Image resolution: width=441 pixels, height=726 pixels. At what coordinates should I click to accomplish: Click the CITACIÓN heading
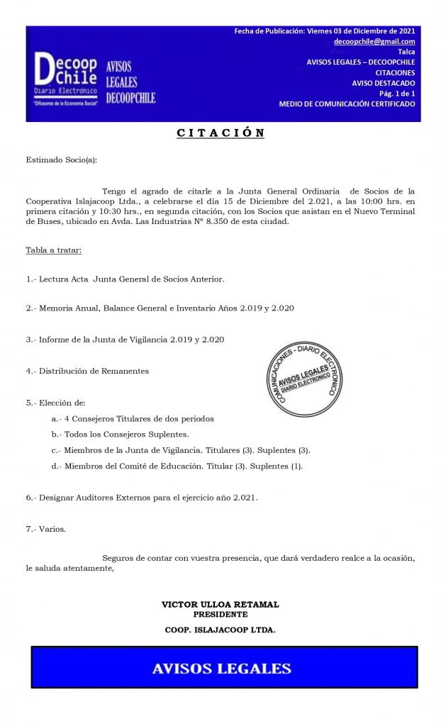coord(220,133)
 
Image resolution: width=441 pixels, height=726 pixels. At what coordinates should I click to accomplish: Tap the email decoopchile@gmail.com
coord(374,42)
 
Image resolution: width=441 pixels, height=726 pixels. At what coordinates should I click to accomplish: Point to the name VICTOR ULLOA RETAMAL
coord(220,605)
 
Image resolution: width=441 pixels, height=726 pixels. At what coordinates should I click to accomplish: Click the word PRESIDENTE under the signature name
coord(220,614)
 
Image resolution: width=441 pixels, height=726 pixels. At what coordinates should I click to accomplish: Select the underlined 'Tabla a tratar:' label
coord(53,250)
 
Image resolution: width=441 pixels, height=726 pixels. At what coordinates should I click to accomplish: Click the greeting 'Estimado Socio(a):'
coord(61,160)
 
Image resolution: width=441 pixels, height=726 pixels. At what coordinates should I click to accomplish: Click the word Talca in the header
coord(406,52)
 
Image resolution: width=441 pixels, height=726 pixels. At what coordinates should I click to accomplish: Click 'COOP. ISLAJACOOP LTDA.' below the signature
coord(220,629)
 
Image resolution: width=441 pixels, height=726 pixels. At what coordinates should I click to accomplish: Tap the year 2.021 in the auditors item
coord(242,497)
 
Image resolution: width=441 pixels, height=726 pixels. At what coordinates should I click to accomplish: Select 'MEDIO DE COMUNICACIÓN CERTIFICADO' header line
coord(347,104)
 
